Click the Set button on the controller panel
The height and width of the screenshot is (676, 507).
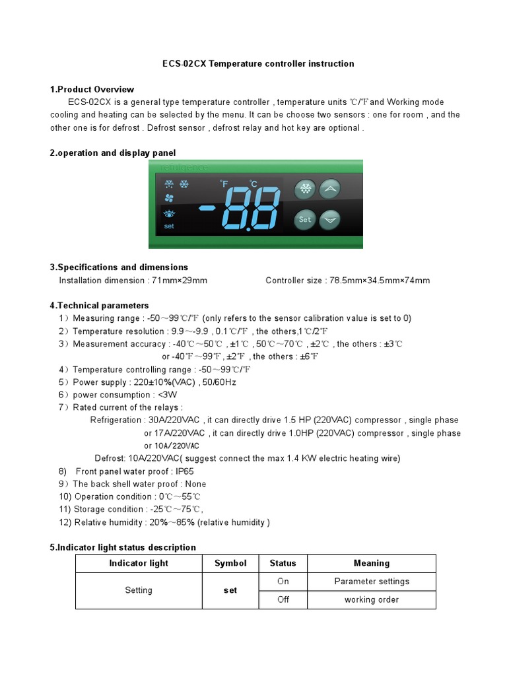304,219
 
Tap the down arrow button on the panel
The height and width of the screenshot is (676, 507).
330,219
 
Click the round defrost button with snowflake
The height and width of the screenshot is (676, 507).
304,189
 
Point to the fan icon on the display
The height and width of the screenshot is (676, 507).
168,198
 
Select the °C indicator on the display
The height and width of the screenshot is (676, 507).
253,184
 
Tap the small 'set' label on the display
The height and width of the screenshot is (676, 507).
169,226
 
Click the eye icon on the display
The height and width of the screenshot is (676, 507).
169,214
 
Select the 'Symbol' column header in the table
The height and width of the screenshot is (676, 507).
230,563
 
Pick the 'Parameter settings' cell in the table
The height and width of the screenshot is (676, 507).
372,582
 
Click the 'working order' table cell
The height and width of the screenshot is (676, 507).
372,600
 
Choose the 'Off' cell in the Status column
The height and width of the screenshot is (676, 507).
283,600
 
